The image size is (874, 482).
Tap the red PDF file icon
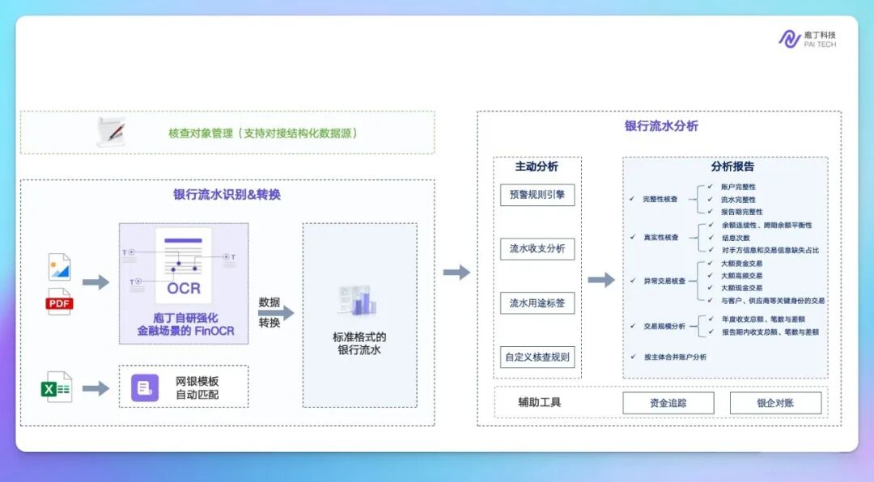pyautogui.click(x=59, y=302)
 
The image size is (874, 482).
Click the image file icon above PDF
pyautogui.click(x=59, y=267)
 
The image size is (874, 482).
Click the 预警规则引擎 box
pyautogui.click(x=537, y=195)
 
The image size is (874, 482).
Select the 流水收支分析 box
pyautogui.click(x=537, y=249)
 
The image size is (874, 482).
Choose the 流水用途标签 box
pyautogui.click(x=537, y=303)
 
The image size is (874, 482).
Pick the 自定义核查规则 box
pyautogui.click(x=537, y=357)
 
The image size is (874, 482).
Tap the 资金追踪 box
pyautogui.click(x=668, y=403)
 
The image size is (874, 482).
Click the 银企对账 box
pyautogui.click(x=775, y=403)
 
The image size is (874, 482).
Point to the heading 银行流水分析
pyautogui.click(x=661, y=126)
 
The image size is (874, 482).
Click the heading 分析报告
pyautogui.click(x=732, y=167)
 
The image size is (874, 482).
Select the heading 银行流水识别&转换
pyautogui.click(x=227, y=195)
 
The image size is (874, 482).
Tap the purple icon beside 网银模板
pyautogui.click(x=145, y=388)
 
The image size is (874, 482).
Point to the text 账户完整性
pyautogui.click(x=738, y=187)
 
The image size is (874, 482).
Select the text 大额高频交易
pyautogui.click(x=741, y=276)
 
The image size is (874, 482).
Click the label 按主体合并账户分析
pyautogui.click(x=675, y=357)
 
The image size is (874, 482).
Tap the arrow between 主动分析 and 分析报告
pyautogui.click(x=600, y=280)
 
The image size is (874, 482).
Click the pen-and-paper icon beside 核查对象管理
pyautogui.click(x=112, y=131)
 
